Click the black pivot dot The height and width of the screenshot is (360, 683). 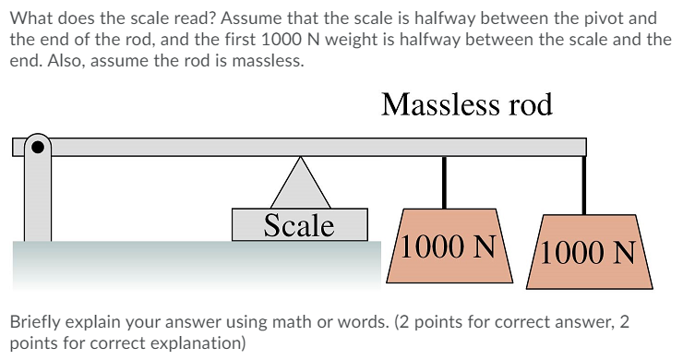37,145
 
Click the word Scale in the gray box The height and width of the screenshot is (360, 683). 298,224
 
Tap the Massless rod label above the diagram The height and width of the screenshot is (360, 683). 466,104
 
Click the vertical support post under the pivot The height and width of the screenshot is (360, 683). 37,198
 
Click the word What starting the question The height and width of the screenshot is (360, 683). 30,18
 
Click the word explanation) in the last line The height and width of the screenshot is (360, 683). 199,344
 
